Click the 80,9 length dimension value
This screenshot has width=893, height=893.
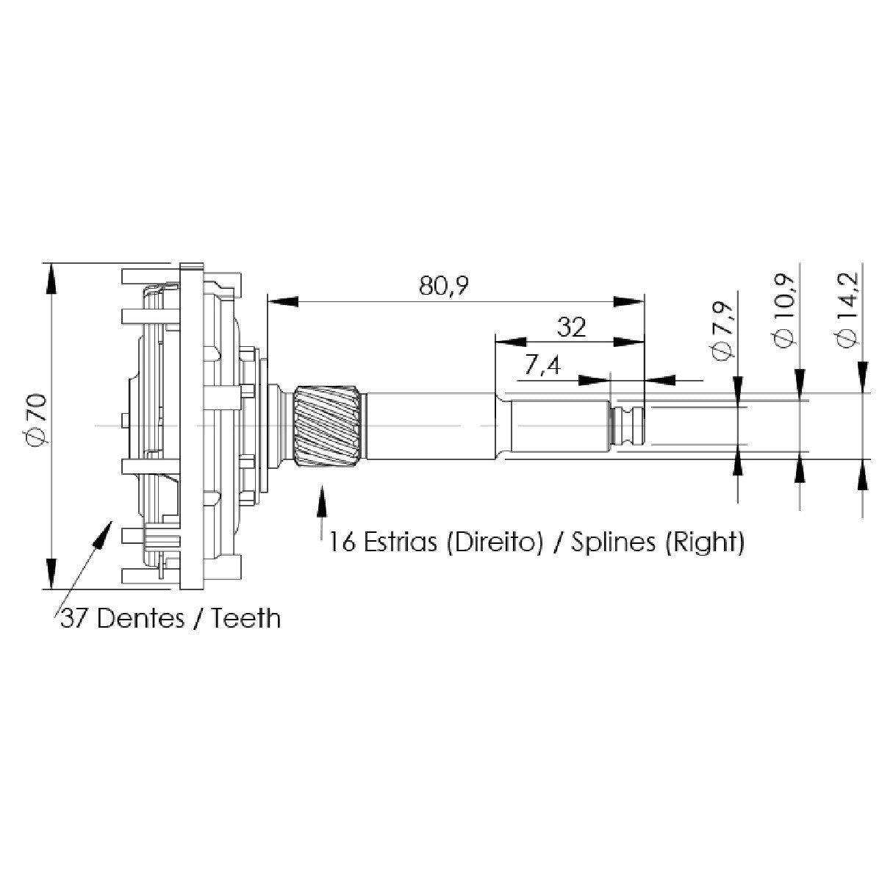443,285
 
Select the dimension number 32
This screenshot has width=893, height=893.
571,327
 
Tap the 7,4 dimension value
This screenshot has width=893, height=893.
542,366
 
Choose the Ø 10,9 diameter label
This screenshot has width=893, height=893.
784,311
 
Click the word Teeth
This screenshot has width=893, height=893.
246,618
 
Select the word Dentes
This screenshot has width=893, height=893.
140,618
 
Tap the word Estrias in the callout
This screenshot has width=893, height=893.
400,542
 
